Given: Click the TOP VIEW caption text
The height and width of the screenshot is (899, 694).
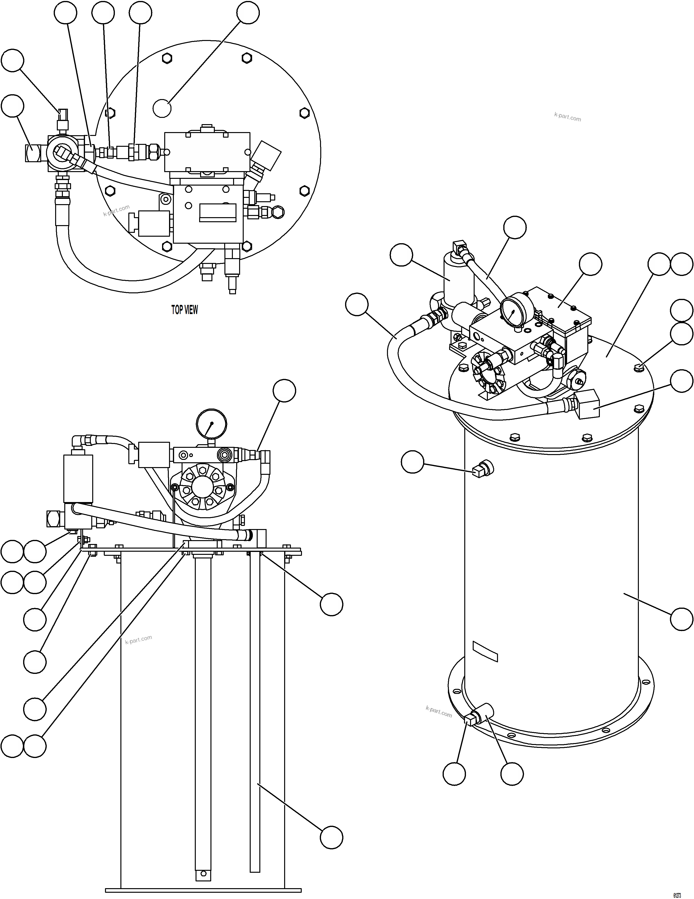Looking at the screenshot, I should tap(184, 310).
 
